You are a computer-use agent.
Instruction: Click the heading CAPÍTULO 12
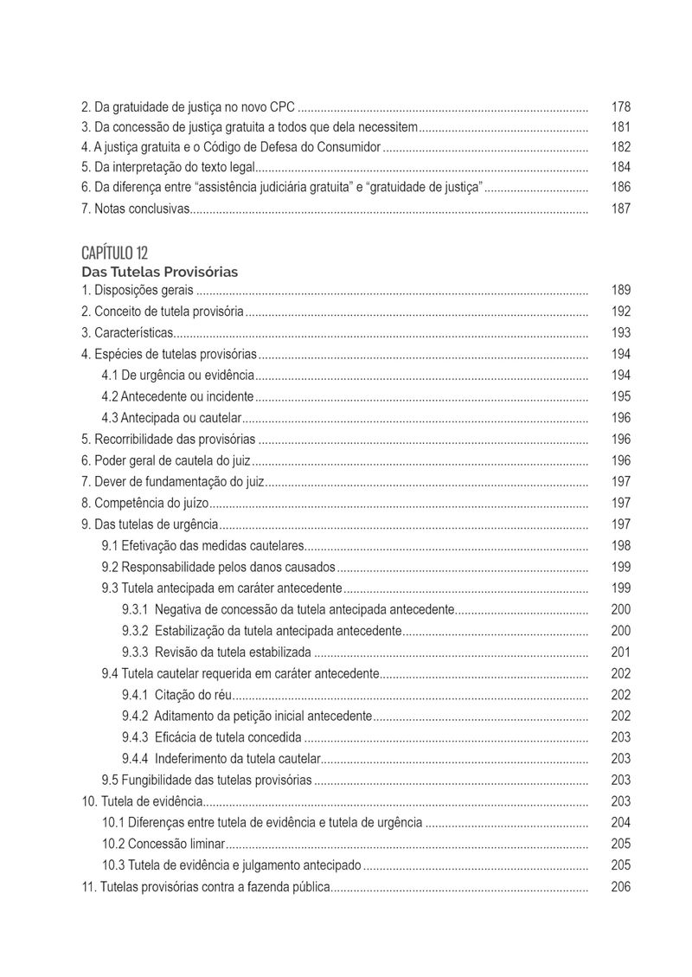pos(114,253)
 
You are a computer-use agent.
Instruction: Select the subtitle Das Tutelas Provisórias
pos(159,272)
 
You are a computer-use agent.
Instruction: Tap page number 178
pos(620,107)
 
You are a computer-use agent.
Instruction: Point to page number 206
pos(620,886)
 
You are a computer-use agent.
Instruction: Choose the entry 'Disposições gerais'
pos(138,290)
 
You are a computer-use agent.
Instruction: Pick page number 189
pos(620,290)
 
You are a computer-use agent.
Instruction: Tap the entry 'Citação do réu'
pos(194,695)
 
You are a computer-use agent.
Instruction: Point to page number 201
pos(620,652)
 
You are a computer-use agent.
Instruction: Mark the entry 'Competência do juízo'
pos(145,503)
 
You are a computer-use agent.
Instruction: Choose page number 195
pos(620,396)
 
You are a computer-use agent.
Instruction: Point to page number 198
pos(620,545)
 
